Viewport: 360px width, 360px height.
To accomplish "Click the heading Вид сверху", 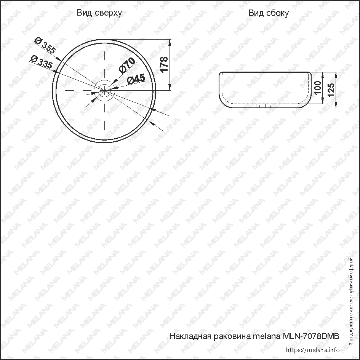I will [99, 13].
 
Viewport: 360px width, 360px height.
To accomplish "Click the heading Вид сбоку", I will [269, 13].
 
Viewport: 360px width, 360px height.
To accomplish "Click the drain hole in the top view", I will [104, 90].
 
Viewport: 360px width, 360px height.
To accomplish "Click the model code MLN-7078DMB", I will [310, 336].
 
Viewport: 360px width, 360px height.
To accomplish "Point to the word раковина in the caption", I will [229, 336].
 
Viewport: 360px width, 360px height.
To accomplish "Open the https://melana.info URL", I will [312, 350].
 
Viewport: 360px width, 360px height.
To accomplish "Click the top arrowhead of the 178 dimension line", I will [169, 42].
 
